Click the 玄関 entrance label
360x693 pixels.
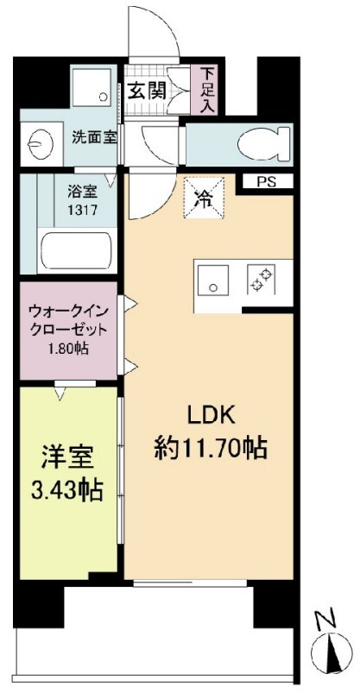pos(148,91)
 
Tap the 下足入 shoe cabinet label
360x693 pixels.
pos(208,90)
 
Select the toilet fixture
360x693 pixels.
pos(258,142)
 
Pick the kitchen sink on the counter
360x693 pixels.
pos(212,283)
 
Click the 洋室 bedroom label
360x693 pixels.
pos(67,457)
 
